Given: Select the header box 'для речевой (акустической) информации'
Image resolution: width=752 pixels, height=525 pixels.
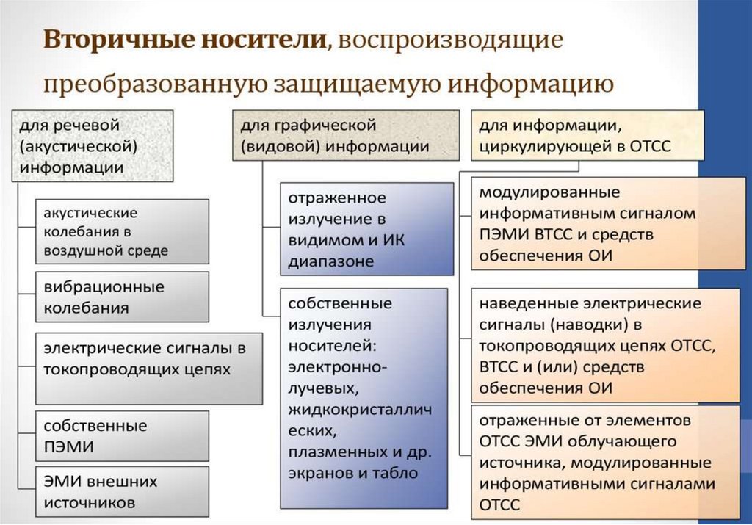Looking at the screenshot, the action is point(93,145).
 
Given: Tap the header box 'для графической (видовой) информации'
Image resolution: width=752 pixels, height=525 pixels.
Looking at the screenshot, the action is point(345,135).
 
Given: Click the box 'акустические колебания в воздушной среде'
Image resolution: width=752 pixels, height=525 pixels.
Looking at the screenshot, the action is point(123,231).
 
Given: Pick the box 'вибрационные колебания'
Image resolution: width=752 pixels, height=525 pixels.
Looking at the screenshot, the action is point(123,297).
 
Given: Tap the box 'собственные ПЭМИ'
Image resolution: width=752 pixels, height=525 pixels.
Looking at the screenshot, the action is point(123,436).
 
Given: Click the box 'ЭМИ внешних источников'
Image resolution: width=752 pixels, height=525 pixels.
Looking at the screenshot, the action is point(123,493).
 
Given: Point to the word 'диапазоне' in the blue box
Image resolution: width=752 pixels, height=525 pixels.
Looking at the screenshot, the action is point(331,261).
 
